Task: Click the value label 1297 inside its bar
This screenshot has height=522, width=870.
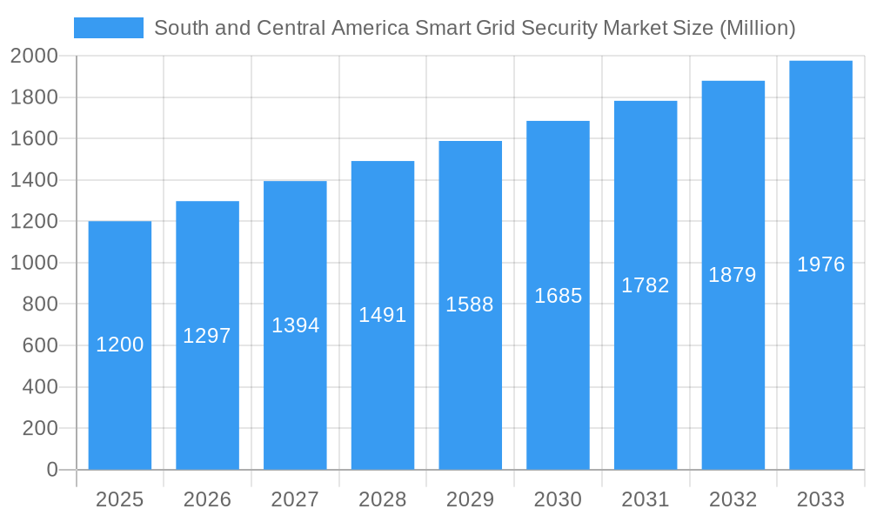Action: click(x=207, y=336)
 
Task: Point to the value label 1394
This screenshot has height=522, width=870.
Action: click(x=296, y=325)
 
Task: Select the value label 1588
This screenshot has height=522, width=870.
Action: click(x=470, y=304)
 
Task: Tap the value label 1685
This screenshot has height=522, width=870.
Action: click(x=558, y=296)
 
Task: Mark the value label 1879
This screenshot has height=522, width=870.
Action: click(x=733, y=275)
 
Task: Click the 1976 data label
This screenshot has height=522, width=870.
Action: click(x=820, y=264)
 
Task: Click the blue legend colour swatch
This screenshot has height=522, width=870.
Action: click(x=109, y=28)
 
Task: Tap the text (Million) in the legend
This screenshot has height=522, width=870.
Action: click(x=757, y=28)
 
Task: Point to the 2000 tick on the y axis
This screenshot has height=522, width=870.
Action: click(x=34, y=56)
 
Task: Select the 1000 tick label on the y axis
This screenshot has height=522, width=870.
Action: click(x=34, y=263)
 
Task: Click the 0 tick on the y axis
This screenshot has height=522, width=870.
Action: click(x=51, y=470)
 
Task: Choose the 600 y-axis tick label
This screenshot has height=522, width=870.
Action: click(x=39, y=345)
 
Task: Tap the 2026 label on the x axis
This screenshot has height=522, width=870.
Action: click(x=207, y=499)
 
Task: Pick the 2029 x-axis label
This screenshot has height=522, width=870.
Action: click(x=470, y=499)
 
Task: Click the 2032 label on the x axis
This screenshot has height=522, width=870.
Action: click(x=733, y=499)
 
